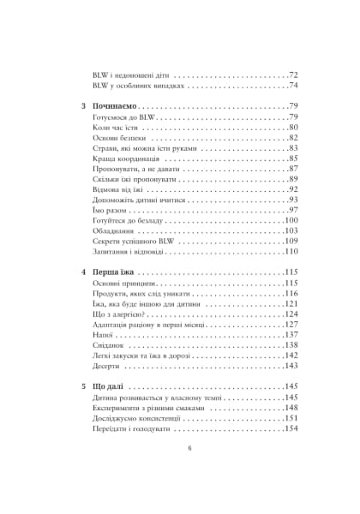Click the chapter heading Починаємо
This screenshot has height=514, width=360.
point(117,106)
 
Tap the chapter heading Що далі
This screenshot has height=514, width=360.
point(109,386)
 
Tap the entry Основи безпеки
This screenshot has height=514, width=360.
point(118,138)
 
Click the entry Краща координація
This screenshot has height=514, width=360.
point(124,158)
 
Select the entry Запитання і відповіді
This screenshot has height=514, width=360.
point(129,252)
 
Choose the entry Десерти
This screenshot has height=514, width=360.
point(108,366)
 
